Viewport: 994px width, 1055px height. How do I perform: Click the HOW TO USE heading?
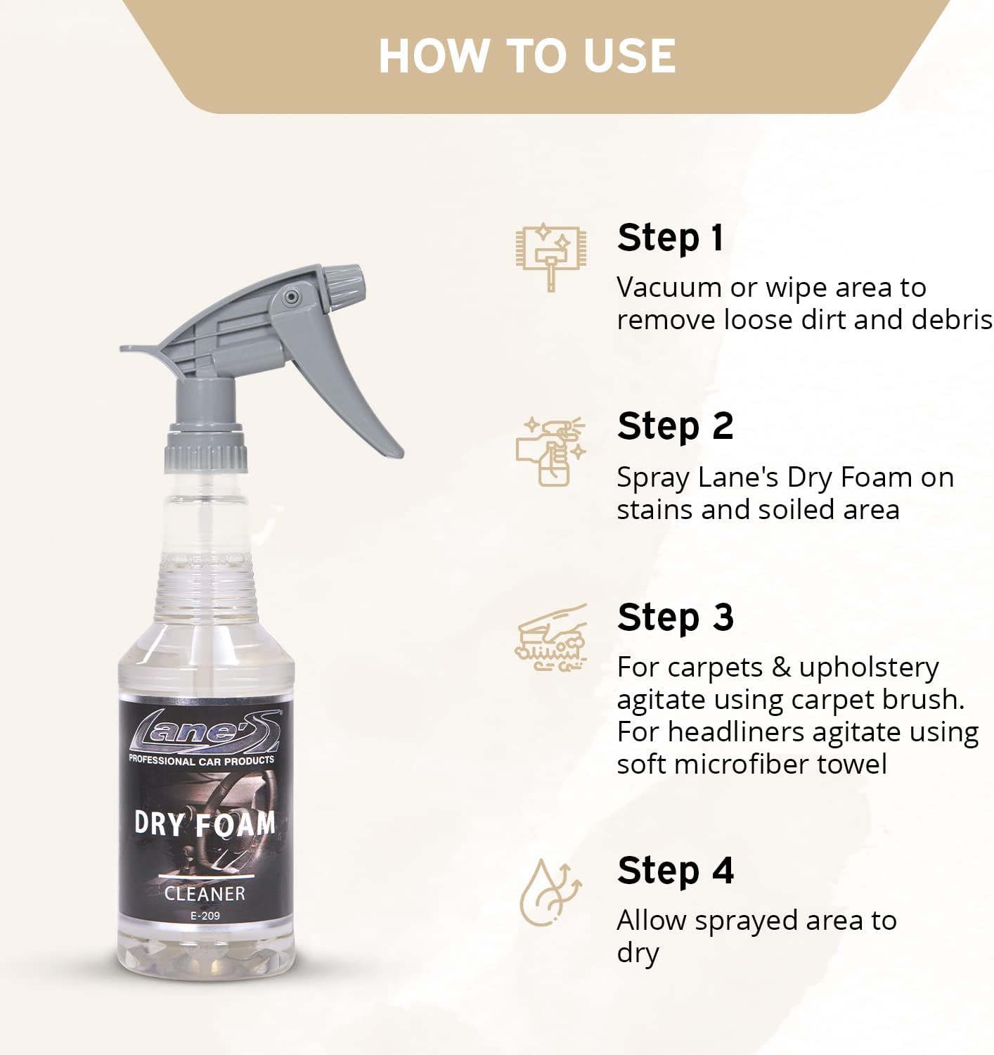(x=527, y=56)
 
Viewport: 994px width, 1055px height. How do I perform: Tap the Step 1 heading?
(x=670, y=238)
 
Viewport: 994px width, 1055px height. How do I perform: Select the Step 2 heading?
(x=675, y=426)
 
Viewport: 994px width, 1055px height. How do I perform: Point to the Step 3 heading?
(x=675, y=618)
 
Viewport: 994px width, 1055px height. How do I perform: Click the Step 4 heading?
(x=675, y=871)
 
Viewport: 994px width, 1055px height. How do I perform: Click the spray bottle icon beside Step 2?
(x=550, y=451)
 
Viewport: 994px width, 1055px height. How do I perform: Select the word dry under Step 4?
(x=638, y=953)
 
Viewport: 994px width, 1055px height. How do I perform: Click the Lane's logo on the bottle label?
(x=204, y=731)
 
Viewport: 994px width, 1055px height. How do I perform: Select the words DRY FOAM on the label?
(x=205, y=823)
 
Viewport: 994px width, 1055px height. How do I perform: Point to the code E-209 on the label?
(x=205, y=916)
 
